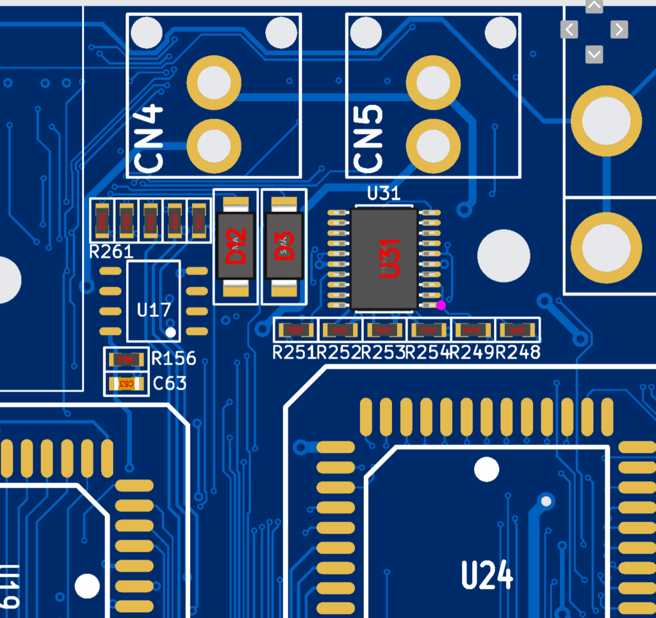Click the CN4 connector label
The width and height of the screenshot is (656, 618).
click(x=149, y=138)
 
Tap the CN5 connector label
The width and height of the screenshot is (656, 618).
click(x=369, y=138)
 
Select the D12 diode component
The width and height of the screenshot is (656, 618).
click(x=236, y=247)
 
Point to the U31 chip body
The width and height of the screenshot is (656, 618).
click(x=384, y=259)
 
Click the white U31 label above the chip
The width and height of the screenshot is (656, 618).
click(x=384, y=193)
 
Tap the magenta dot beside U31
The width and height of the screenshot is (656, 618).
click(x=441, y=305)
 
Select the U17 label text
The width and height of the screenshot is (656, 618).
click(x=154, y=310)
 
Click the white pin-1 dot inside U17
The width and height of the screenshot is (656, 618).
click(x=170, y=332)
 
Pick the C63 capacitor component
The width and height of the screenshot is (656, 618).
click(x=126, y=384)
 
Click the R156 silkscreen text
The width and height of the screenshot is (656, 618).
click(x=174, y=359)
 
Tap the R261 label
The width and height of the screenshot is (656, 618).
click(x=111, y=252)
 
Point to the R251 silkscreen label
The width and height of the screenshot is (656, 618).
click(x=295, y=352)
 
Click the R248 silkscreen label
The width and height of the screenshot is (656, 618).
click(x=518, y=352)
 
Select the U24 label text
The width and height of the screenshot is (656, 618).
click(x=487, y=574)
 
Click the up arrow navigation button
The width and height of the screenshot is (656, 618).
click(x=594, y=6)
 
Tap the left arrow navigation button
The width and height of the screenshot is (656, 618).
click(x=570, y=29)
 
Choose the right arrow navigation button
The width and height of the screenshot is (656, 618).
click(x=619, y=29)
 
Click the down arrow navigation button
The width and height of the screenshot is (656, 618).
click(x=594, y=54)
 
